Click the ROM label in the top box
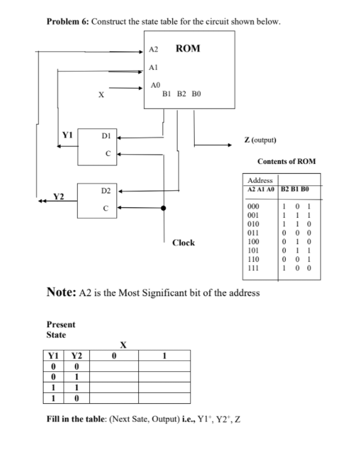(187, 48)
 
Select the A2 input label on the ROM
(154, 48)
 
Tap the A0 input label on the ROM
(156, 86)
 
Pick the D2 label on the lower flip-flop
(106, 192)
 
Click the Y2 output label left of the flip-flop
(59, 197)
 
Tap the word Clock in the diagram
(183, 242)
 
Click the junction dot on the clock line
(164, 208)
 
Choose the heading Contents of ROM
(287, 161)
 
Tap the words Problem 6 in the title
(67, 21)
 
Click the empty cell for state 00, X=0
(125, 367)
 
